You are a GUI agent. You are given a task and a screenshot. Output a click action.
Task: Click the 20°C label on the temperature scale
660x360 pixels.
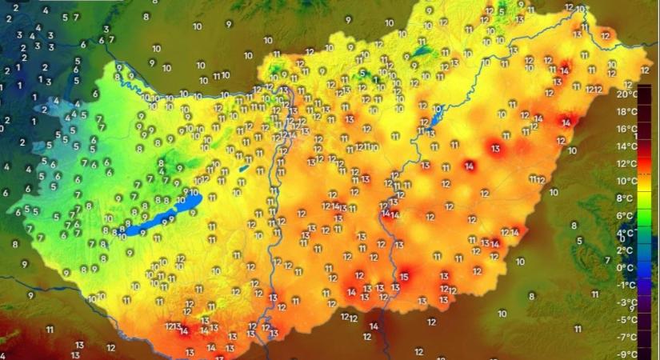click(626, 94)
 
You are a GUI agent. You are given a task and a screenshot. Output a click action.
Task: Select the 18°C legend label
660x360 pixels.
click(626, 112)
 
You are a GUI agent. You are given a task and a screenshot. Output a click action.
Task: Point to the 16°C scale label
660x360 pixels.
click(626, 129)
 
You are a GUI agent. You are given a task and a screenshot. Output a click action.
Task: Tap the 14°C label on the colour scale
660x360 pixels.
click(626, 146)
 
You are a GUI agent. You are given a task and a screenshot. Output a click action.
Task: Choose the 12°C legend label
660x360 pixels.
click(626, 164)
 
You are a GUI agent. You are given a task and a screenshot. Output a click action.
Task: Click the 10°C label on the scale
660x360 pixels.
click(626, 181)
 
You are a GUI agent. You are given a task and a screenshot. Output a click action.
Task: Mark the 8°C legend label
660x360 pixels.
click(626, 198)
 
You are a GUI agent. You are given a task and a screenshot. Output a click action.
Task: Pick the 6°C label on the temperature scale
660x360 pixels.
click(626, 216)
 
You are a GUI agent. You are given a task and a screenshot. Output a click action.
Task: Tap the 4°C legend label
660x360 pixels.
click(626, 233)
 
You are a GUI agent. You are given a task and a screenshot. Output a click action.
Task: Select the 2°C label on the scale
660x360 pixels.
click(626, 250)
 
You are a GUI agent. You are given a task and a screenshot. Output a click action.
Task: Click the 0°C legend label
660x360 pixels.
click(626, 268)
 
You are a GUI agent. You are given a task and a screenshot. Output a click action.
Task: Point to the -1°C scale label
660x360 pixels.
click(626, 285)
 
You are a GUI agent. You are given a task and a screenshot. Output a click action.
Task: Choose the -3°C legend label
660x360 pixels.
click(626, 302)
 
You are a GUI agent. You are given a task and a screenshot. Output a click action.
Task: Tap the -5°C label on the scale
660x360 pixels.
click(626, 319)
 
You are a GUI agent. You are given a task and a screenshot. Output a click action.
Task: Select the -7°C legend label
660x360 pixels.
click(626, 337)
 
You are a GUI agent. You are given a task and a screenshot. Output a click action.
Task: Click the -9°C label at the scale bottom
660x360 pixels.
click(626, 354)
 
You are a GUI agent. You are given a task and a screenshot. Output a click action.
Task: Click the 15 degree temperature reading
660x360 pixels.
click(404, 277)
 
